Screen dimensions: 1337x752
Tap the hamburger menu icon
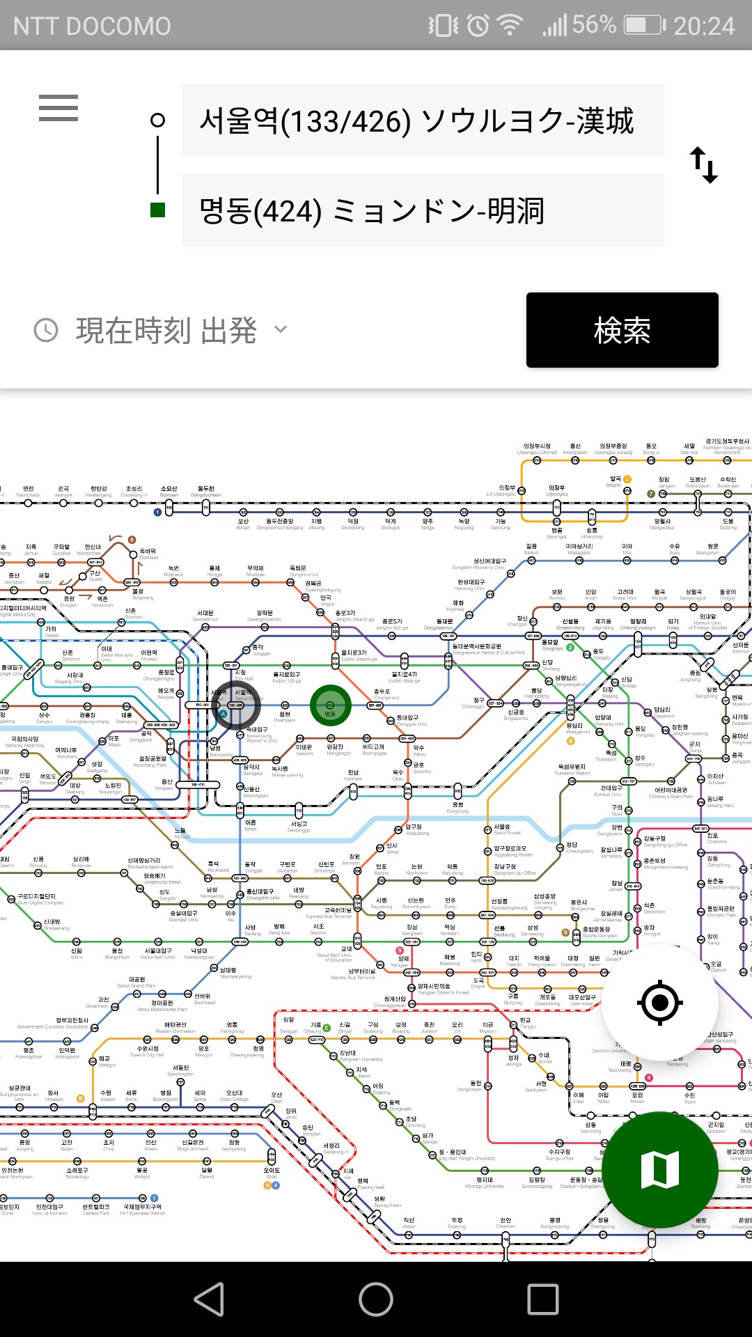[58, 109]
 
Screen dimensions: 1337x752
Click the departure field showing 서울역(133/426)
[422, 121]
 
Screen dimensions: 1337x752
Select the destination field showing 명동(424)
[422, 210]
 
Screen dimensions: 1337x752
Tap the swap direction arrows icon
[703, 165]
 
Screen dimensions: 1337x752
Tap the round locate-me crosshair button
[659, 1003]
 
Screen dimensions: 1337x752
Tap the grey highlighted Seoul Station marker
[237, 705]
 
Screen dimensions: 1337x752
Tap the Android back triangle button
[209, 1299]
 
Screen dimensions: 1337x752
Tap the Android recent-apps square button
[543, 1299]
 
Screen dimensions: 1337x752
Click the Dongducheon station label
[206, 492]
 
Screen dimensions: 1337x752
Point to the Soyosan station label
[169, 492]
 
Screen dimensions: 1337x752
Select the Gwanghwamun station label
[264, 616]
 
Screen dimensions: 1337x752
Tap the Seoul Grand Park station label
[136, 982]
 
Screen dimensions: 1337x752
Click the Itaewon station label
[304, 749]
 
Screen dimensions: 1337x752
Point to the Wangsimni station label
[575, 728]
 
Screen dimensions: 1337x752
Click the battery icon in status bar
[643, 26]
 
